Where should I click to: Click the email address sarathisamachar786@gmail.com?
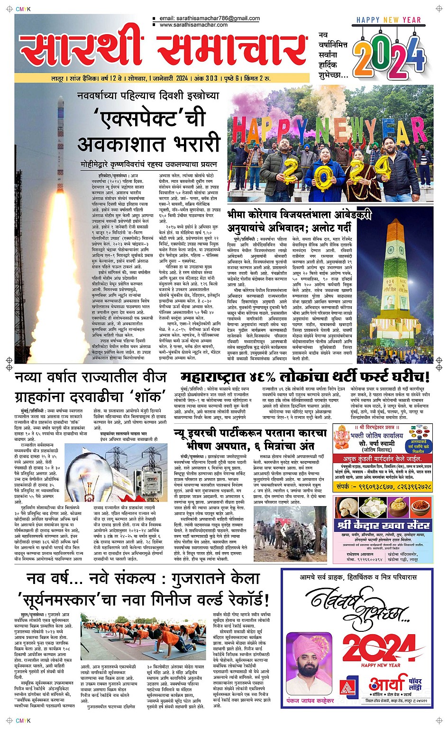210,18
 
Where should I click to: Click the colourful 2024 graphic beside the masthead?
389,56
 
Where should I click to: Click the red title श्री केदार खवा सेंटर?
383,525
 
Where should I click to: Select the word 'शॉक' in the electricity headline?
145,397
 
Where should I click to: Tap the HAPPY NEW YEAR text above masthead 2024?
388,20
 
